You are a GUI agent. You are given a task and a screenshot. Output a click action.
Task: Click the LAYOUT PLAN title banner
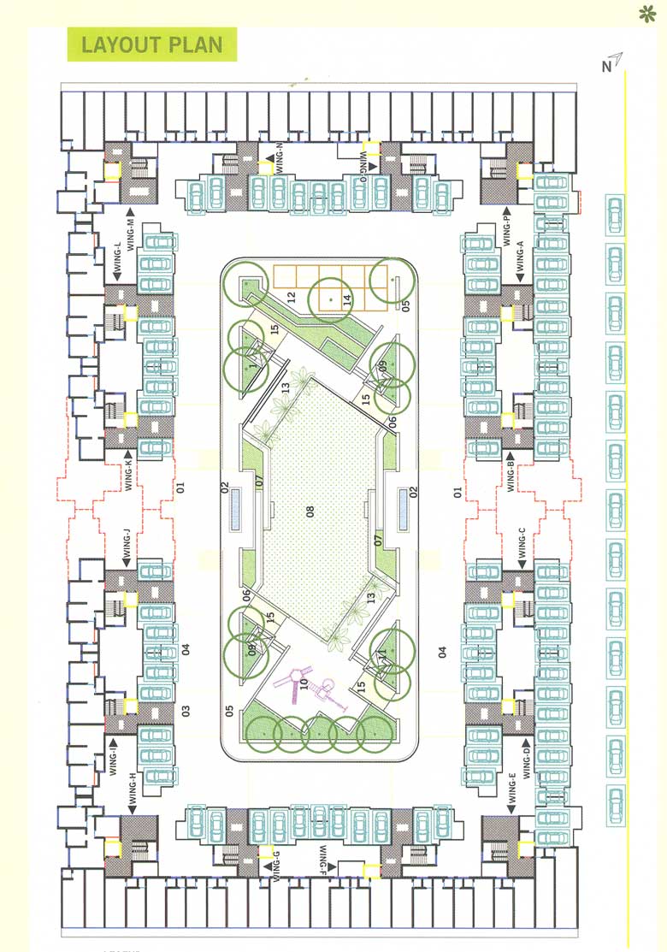(151, 44)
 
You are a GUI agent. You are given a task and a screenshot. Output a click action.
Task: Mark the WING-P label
(507, 229)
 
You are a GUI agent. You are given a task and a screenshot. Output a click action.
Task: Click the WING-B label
(509, 472)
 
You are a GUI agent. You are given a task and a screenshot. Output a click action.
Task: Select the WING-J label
(126, 548)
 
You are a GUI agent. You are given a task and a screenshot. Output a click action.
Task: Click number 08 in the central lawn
(311, 512)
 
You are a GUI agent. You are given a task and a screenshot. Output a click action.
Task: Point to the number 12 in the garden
(292, 298)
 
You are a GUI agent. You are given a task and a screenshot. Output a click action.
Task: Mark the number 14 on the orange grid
(346, 299)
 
